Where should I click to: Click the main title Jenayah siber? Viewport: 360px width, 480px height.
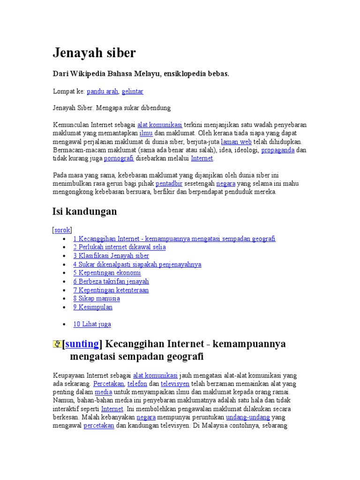[x=94, y=53]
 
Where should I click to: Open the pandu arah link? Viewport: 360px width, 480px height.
[x=102, y=91]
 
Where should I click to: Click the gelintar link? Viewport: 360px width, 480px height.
[x=133, y=91]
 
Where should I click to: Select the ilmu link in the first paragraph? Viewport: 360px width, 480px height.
[x=146, y=133]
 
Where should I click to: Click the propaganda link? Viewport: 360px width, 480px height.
[x=277, y=150]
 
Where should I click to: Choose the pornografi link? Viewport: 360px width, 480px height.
[x=119, y=158]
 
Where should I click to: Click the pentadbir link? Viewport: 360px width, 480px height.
[x=169, y=184]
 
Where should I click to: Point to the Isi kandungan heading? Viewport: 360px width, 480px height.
[x=84, y=212]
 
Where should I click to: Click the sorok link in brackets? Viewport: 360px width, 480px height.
[x=62, y=230]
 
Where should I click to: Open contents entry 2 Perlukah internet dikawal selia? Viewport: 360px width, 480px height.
[x=119, y=247]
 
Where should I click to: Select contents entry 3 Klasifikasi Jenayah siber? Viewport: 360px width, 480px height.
[x=111, y=255]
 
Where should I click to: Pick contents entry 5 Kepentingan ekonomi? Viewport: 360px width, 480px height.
[x=107, y=273]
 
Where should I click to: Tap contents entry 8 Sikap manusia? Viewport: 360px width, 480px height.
[x=97, y=299]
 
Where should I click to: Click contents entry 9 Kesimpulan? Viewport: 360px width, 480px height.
[x=93, y=307]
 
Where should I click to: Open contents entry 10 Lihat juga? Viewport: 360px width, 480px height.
[x=92, y=324]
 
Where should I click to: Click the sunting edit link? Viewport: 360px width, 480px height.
[x=82, y=344]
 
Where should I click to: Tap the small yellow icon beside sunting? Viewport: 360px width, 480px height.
[x=57, y=345]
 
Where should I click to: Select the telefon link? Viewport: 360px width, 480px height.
[x=137, y=383]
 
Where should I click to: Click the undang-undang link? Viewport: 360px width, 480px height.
[x=247, y=417]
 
